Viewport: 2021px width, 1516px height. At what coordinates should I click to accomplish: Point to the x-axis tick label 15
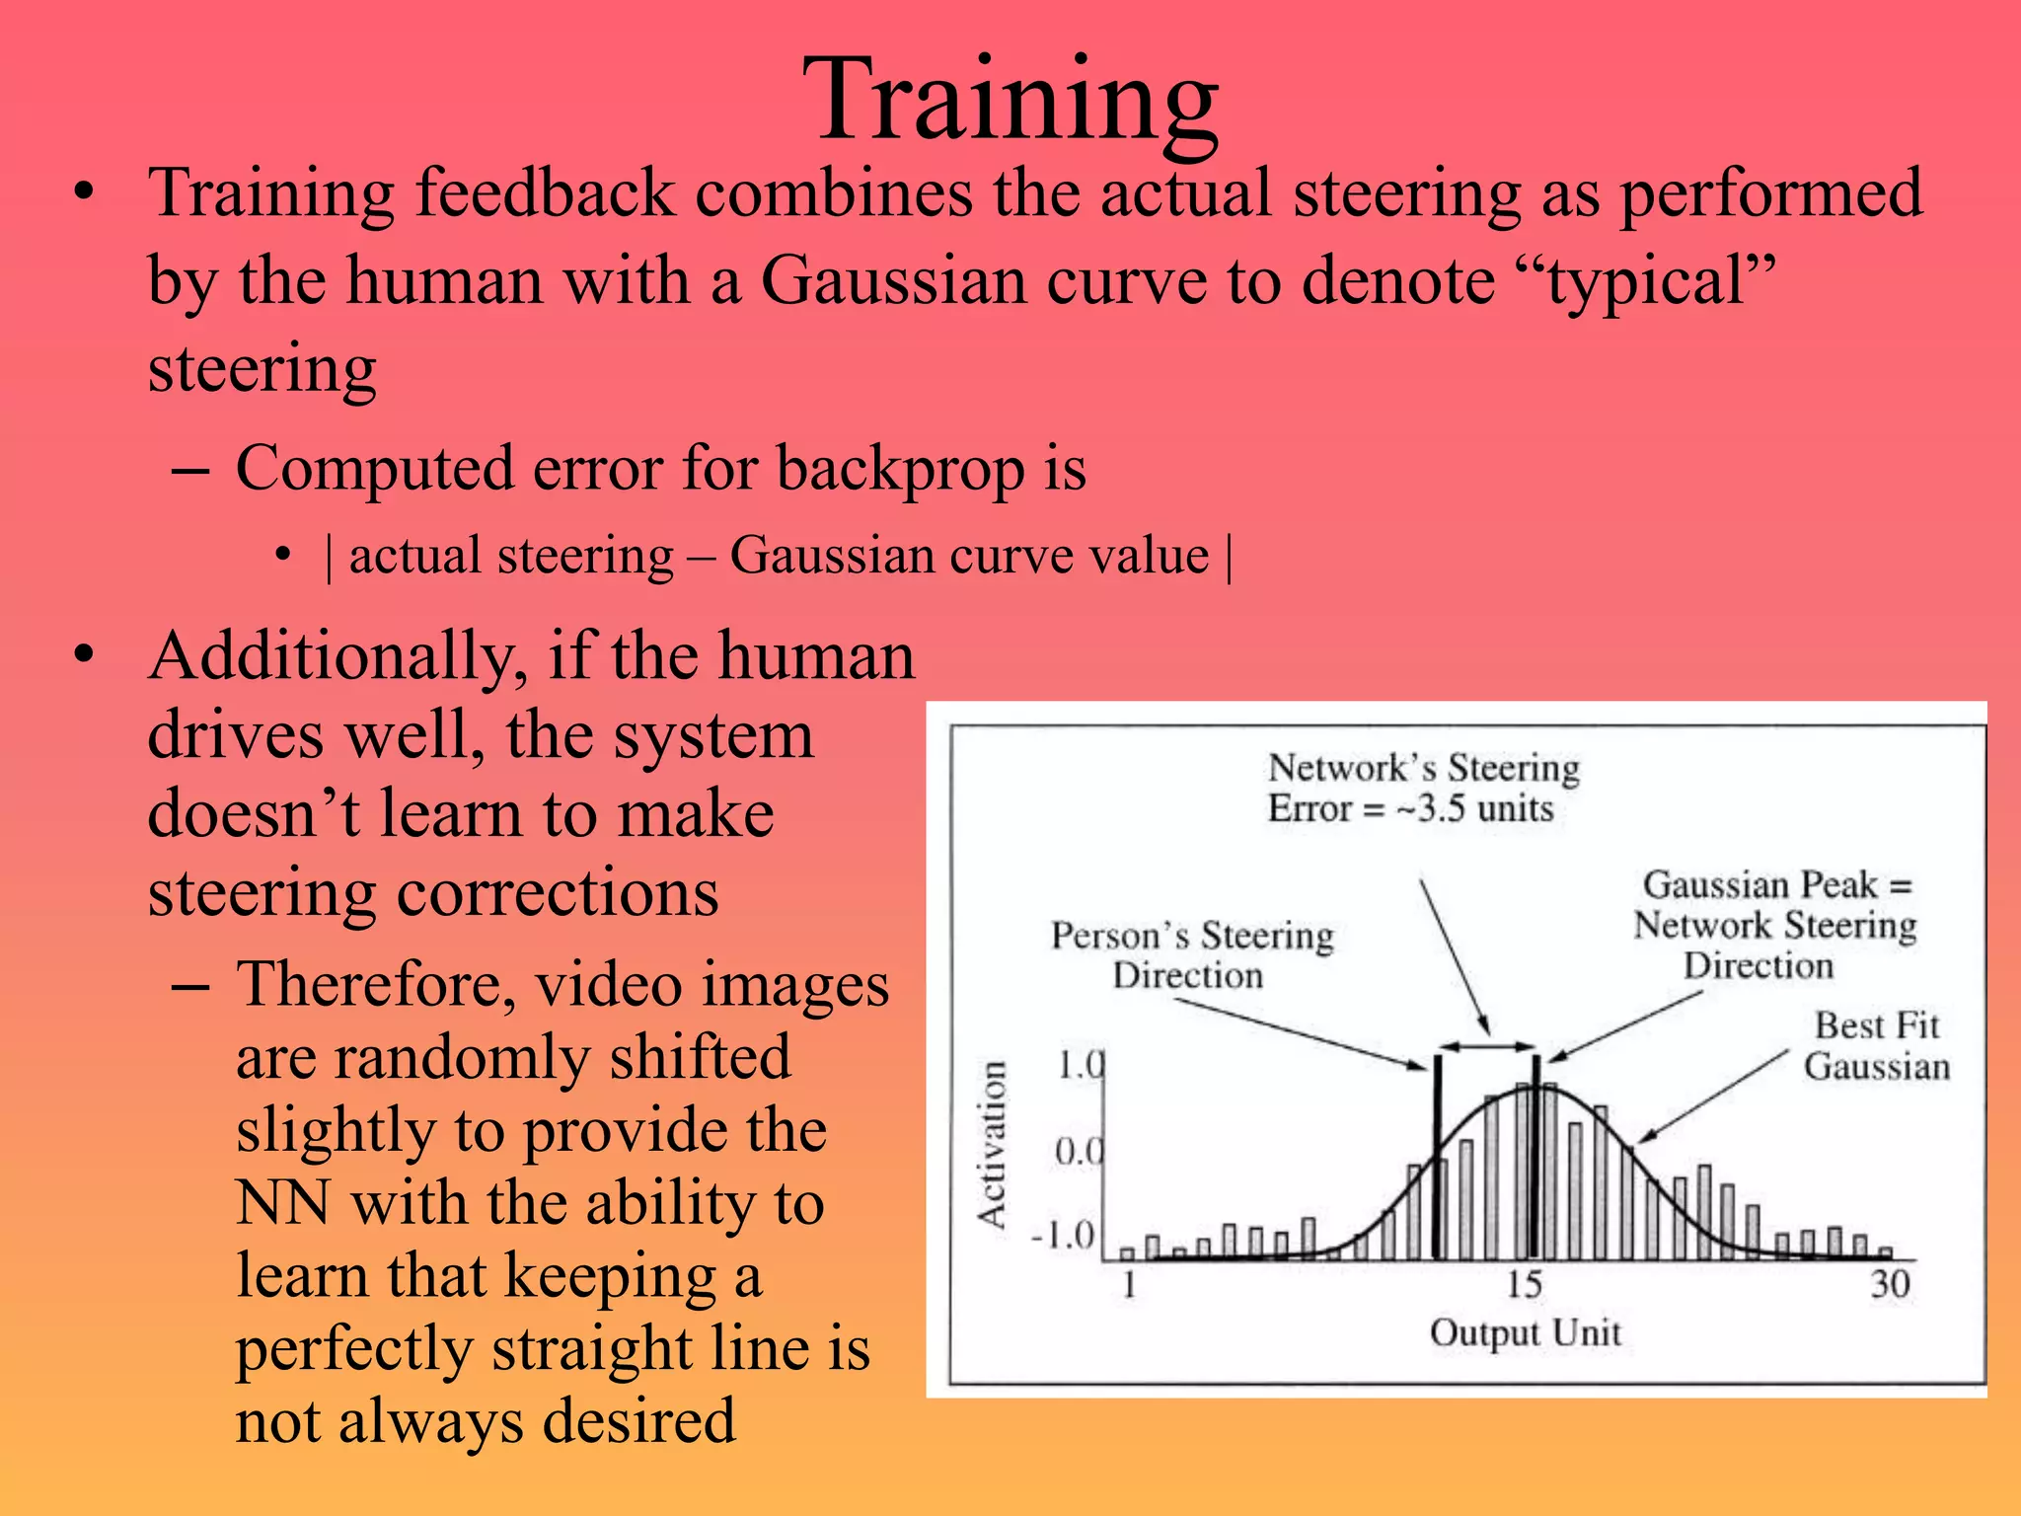click(1524, 1284)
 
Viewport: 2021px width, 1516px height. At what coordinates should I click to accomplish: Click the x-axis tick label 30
click(1890, 1284)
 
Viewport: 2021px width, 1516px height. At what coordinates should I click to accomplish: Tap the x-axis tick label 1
click(1130, 1284)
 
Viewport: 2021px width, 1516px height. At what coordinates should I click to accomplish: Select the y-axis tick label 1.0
click(1080, 1066)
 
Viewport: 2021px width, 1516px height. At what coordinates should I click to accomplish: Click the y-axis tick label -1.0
click(1064, 1235)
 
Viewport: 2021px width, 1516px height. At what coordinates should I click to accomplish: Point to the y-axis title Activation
click(992, 1145)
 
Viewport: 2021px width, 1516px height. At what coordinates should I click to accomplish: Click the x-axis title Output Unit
click(1525, 1332)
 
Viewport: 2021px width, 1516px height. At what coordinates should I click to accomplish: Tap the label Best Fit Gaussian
click(1877, 1046)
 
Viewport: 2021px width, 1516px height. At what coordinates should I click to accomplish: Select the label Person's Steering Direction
click(1191, 954)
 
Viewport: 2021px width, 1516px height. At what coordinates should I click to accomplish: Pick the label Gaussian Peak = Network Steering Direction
click(1774, 925)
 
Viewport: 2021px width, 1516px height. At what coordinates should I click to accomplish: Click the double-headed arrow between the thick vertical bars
click(1486, 1046)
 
